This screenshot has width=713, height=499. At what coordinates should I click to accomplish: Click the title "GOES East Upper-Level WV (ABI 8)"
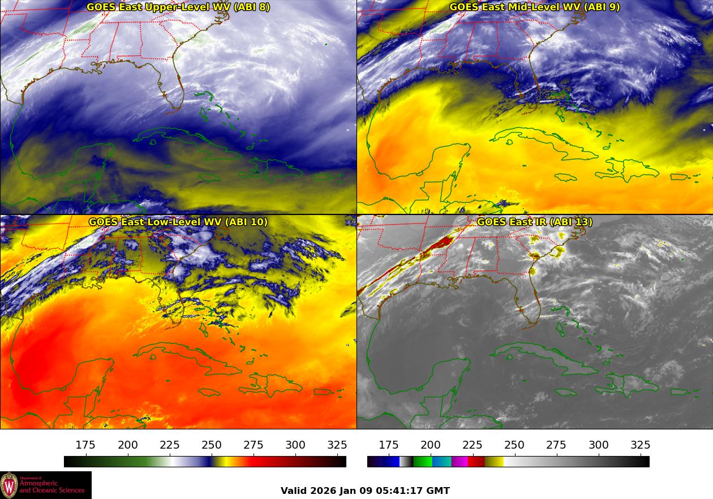point(178,7)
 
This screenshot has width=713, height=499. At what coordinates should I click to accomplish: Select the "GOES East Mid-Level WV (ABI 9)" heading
point(534,7)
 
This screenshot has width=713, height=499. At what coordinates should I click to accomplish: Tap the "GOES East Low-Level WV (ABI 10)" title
point(178,222)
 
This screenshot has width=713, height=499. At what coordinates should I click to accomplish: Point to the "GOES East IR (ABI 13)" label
point(534,222)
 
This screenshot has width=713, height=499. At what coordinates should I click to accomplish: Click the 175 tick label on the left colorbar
point(85,445)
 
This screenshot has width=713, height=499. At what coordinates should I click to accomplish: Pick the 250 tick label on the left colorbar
point(212,445)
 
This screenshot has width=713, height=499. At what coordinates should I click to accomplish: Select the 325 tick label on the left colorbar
point(337,445)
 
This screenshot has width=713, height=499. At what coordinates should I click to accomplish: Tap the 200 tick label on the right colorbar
point(431,445)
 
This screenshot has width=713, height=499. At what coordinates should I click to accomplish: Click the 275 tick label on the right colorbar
point(556,445)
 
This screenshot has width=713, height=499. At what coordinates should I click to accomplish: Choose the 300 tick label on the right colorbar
point(599,445)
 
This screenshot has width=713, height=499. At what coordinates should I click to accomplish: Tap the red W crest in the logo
point(9,485)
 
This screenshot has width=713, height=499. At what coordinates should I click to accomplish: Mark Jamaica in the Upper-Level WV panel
point(208,177)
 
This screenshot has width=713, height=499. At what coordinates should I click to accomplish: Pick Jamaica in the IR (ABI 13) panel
point(565,392)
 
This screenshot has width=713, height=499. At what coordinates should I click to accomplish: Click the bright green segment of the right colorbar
point(422,462)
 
